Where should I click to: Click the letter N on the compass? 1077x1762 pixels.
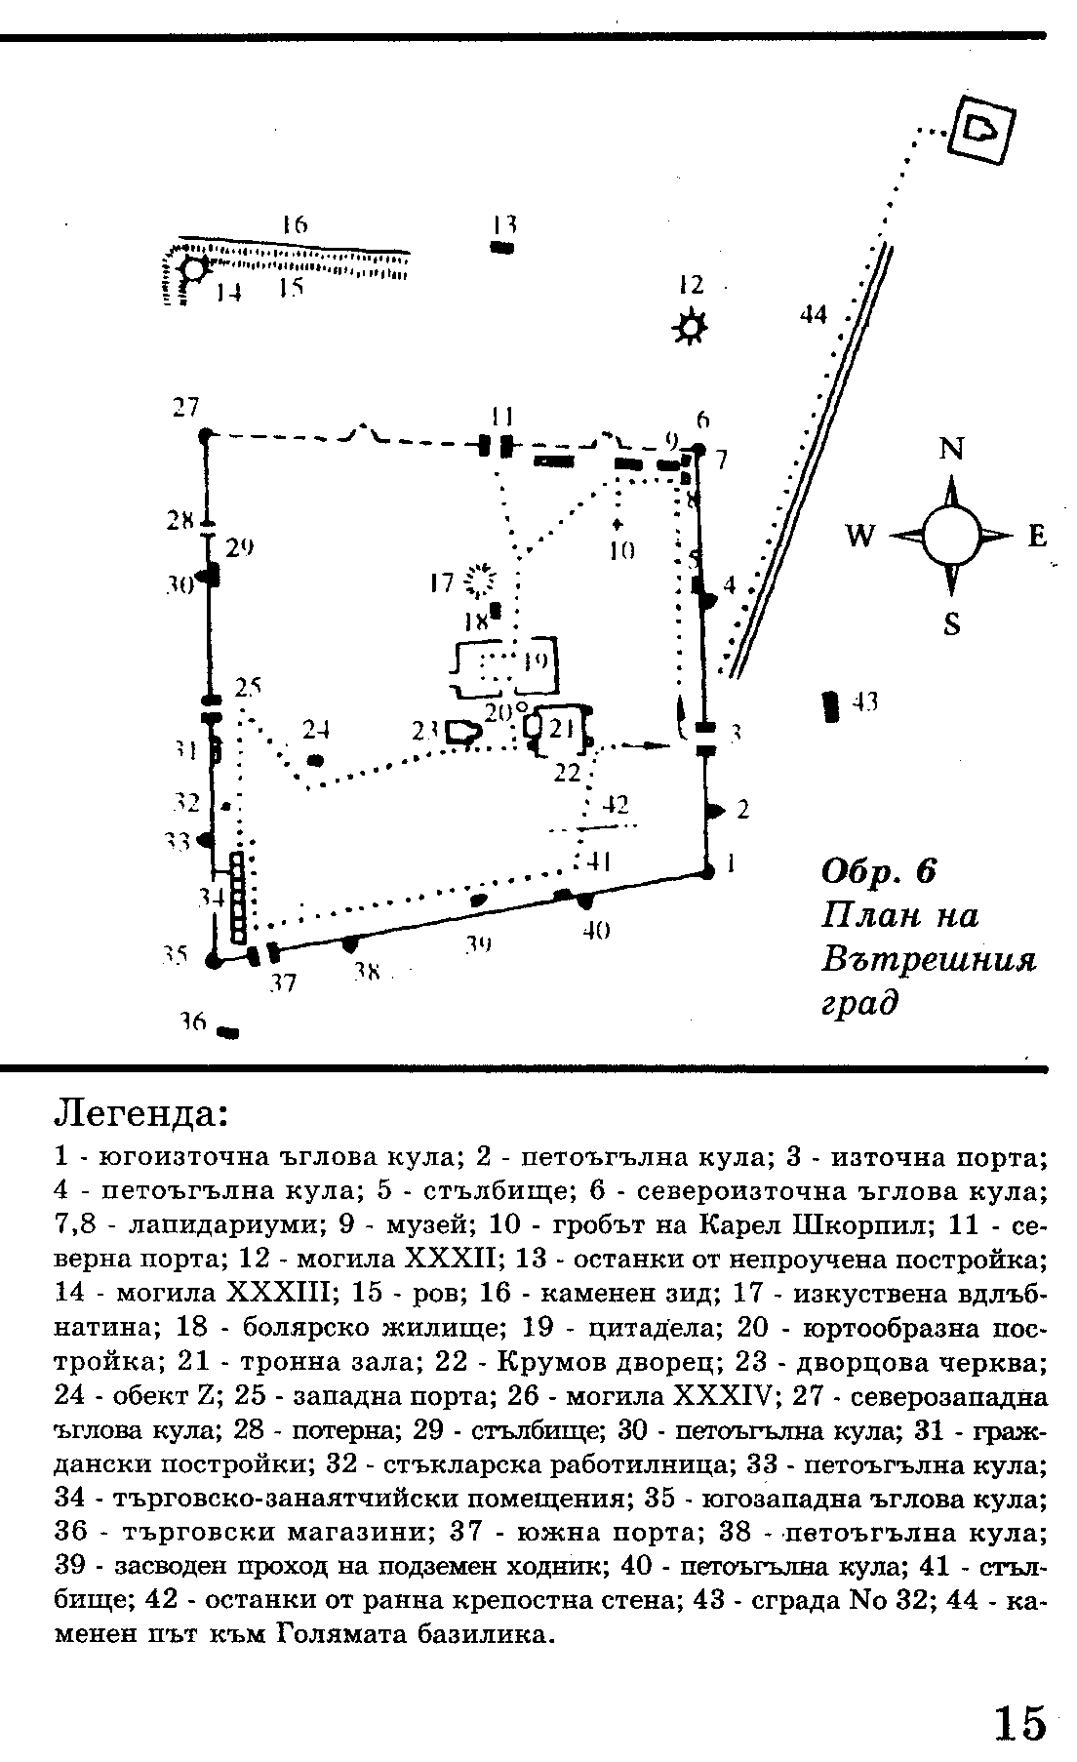point(951,449)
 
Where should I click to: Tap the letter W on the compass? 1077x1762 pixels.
point(859,536)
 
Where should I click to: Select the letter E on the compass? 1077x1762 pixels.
point(1036,536)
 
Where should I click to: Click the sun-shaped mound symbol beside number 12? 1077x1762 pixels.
point(690,327)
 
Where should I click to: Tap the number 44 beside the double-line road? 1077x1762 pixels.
point(813,314)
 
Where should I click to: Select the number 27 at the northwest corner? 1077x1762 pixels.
point(185,409)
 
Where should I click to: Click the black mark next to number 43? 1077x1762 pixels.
point(831,705)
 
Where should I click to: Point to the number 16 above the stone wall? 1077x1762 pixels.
point(294,223)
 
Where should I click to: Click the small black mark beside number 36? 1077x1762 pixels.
point(229,1031)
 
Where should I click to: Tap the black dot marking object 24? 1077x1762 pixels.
point(315,759)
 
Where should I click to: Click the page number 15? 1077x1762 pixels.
point(1019,1722)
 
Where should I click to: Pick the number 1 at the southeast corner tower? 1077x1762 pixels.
point(730,863)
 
